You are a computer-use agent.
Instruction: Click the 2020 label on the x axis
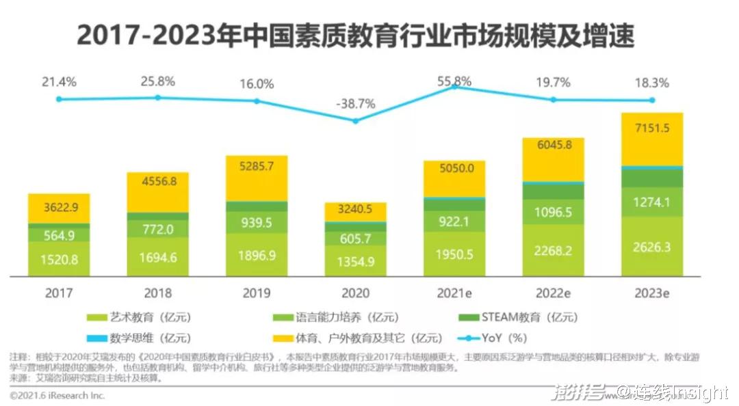click(355, 293)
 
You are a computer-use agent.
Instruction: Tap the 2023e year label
click(651, 293)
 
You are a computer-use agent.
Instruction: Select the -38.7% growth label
click(355, 104)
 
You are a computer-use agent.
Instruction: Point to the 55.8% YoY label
click(454, 81)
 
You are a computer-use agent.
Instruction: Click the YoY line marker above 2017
click(59, 99)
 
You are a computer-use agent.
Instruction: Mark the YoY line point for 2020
click(355, 121)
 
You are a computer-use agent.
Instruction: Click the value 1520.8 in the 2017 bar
click(59, 259)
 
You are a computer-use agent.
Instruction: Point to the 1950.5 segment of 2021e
click(454, 255)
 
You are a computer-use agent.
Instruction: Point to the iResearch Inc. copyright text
click(57, 395)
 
